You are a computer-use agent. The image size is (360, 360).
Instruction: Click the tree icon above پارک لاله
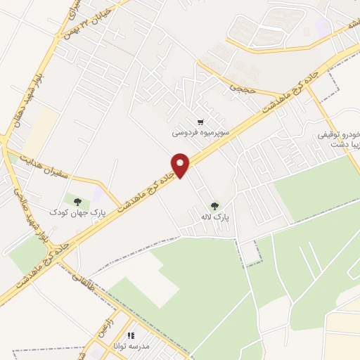pyautogui.click(x=214, y=206)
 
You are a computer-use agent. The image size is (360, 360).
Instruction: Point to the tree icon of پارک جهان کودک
pyautogui.click(x=77, y=202)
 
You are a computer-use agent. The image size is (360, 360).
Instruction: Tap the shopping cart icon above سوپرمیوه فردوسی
pyautogui.click(x=202, y=120)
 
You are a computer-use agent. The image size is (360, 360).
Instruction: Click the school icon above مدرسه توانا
pyautogui.click(x=130, y=335)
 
